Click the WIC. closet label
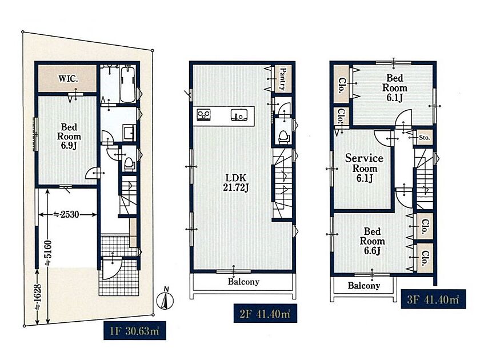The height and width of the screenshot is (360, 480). (x=68, y=78)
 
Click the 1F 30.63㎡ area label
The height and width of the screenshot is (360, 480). (x=135, y=331)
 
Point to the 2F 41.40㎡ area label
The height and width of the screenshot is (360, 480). (x=265, y=313)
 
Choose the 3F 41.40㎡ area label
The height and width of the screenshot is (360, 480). (x=433, y=299)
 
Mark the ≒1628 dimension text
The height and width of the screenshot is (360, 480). (x=37, y=297)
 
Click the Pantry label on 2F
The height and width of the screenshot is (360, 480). (x=283, y=79)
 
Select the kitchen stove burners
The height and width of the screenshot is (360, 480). (x=203, y=115)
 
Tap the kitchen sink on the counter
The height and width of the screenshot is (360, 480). (x=239, y=115)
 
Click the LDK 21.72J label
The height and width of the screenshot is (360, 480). (x=235, y=182)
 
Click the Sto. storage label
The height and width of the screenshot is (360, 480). (x=424, y=138)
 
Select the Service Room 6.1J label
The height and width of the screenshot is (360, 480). (x=365, y=168)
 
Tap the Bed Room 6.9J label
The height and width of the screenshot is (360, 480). (x=69, y=136)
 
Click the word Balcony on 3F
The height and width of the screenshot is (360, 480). (x=363, y=286)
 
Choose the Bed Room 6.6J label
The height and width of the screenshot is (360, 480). (x=372, y=241)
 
